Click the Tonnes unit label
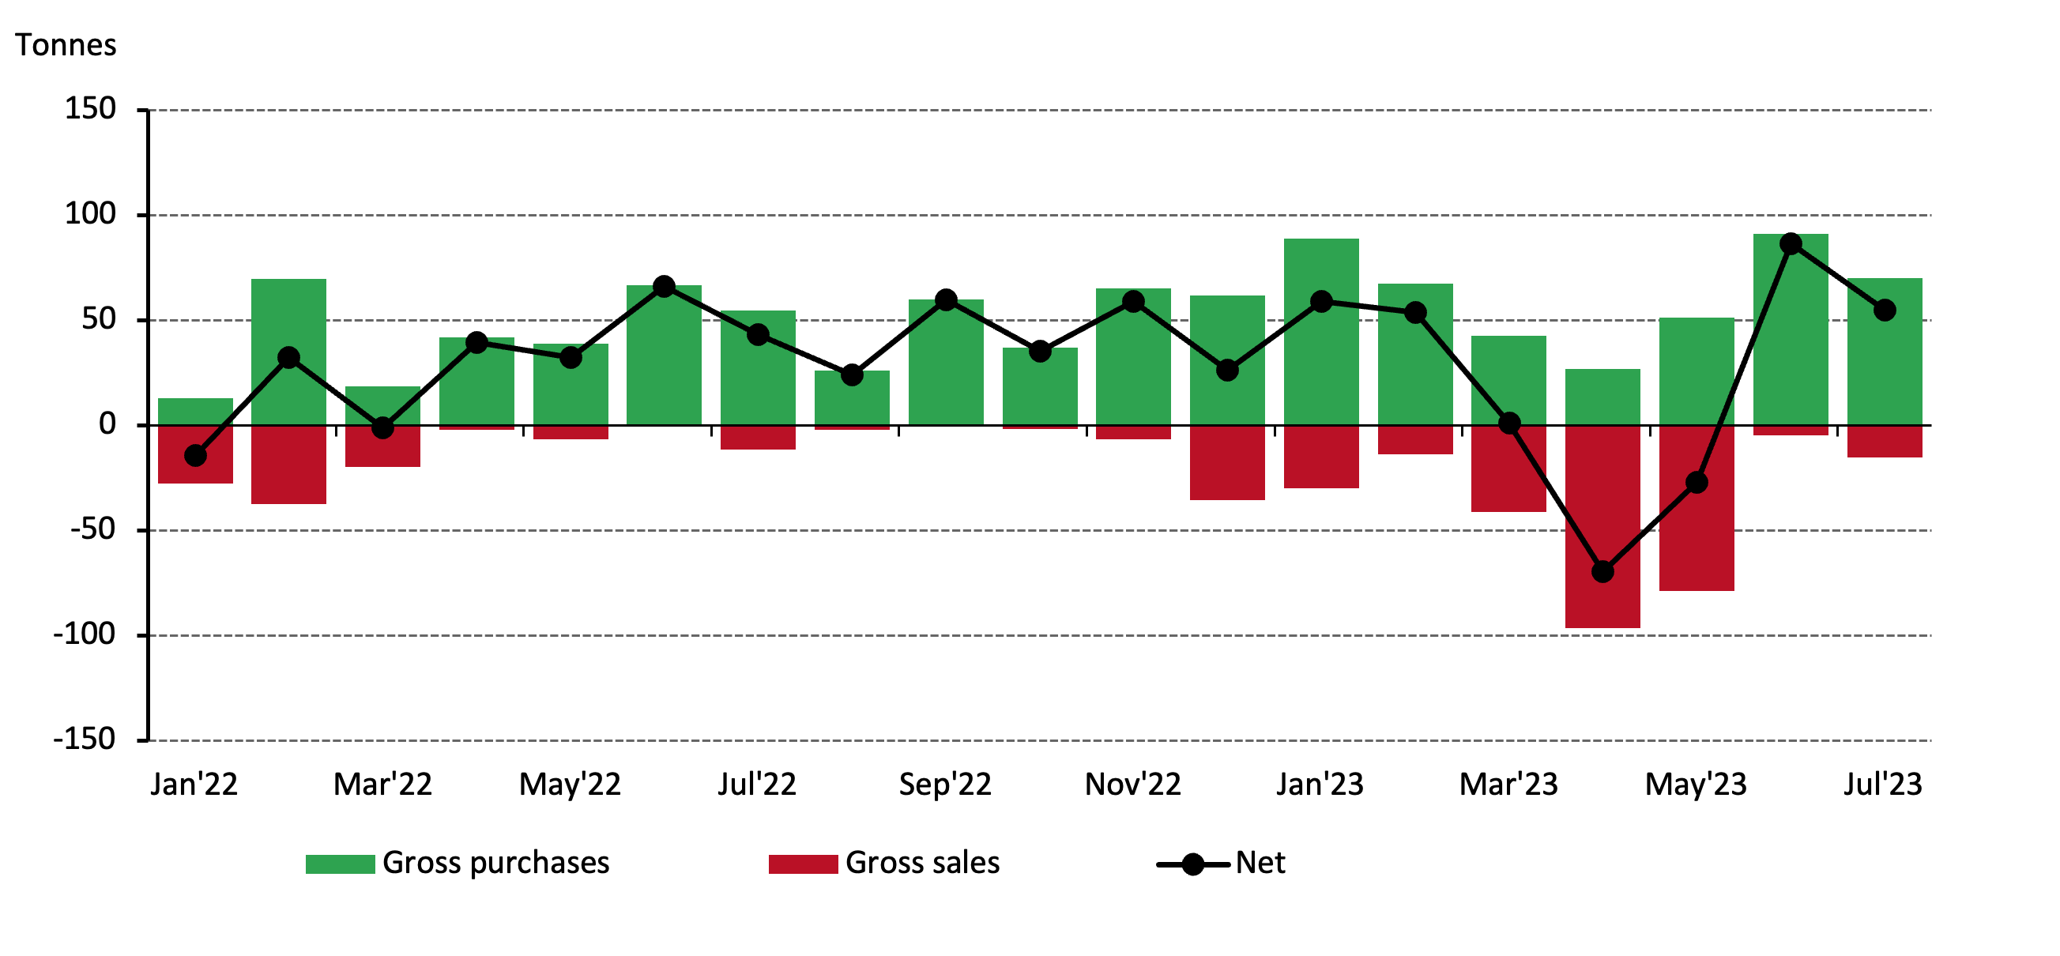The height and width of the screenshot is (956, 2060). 66,45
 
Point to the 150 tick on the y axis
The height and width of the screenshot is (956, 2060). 90,109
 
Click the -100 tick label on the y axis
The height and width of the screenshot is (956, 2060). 84,634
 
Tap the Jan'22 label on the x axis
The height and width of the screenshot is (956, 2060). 194,784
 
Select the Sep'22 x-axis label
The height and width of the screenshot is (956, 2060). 944,784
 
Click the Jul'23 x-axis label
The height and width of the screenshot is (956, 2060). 1882,784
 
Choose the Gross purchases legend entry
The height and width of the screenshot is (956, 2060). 457,864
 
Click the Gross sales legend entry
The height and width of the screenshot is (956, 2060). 883,864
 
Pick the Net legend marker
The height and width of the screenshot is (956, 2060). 1192,864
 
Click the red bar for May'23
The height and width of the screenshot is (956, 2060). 1697,544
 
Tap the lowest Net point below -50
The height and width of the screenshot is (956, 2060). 1602,571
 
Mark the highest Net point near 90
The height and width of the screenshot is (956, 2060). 1791,244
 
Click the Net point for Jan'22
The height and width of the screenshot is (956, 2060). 195,456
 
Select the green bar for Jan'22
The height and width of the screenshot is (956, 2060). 195,411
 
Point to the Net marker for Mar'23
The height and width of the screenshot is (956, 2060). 1509,423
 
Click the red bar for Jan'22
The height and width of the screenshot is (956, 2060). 195,472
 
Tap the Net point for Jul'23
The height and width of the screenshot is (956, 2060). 1885,311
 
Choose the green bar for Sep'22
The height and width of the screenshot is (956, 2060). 945,367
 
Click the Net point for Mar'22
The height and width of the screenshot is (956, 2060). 383,428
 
